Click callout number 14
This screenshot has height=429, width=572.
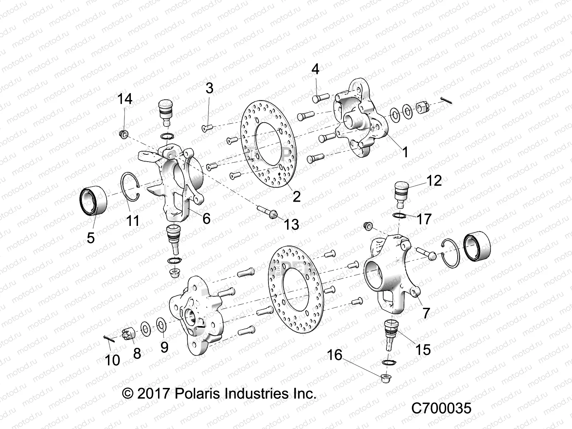click(125, 99)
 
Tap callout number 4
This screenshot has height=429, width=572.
click(315, 69)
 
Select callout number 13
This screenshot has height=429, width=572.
click(291, 225)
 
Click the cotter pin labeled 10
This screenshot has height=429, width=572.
click(108, 339)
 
